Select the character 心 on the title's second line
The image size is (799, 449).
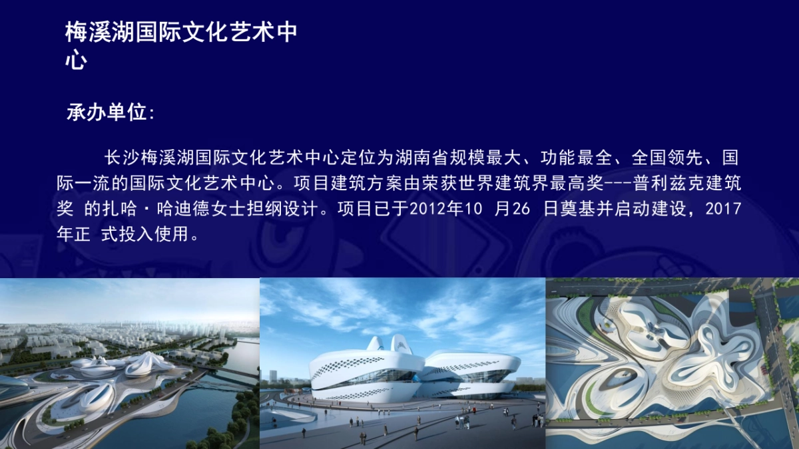click(x=76, y=62)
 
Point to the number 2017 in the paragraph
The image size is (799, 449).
click(x=723, y=208)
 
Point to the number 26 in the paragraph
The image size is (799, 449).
click(x=521, y=208)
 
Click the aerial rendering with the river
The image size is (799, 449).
click(x=129, y=363)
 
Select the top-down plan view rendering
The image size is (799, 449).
click(x=672, y=363)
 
